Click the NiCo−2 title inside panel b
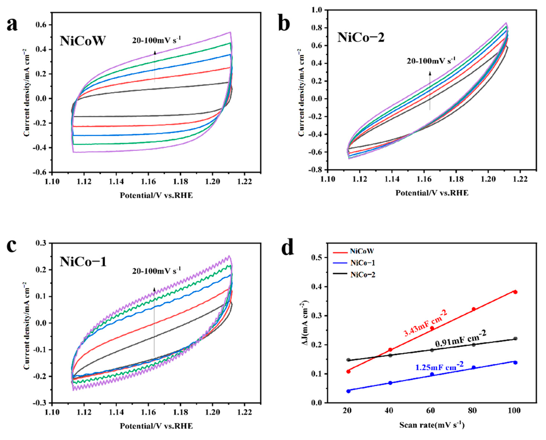tap(361, 37)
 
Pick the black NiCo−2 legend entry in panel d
tap(363, 274)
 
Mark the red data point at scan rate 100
tap(515, 292)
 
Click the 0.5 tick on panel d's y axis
tap(316, 257)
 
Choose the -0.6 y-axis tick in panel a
tap(39, 172)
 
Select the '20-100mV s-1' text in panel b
tap(431, 61)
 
